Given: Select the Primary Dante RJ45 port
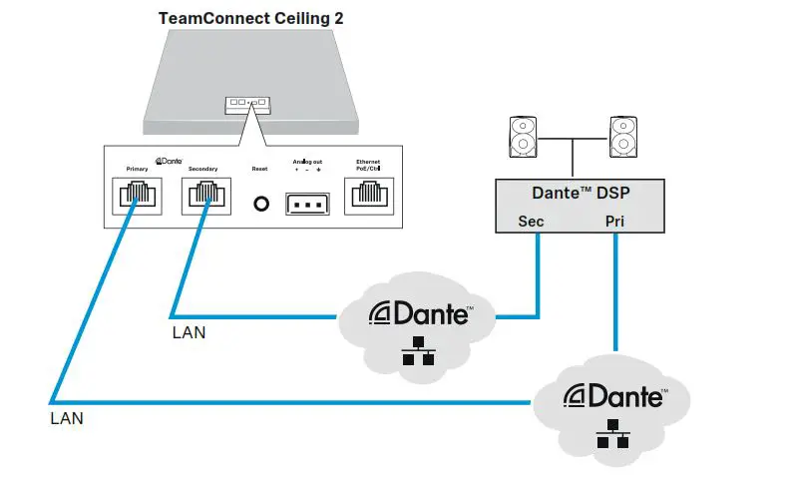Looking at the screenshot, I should click(x=136, y=197).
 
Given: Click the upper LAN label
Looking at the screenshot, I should click(x=189, y=332).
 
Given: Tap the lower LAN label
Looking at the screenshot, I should click(x=67, y=419).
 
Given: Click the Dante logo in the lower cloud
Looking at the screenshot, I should click(x=614, y=396).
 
